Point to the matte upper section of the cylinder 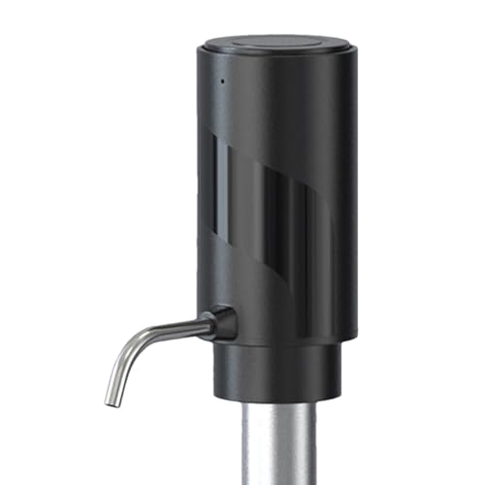click(x=281, y=107)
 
